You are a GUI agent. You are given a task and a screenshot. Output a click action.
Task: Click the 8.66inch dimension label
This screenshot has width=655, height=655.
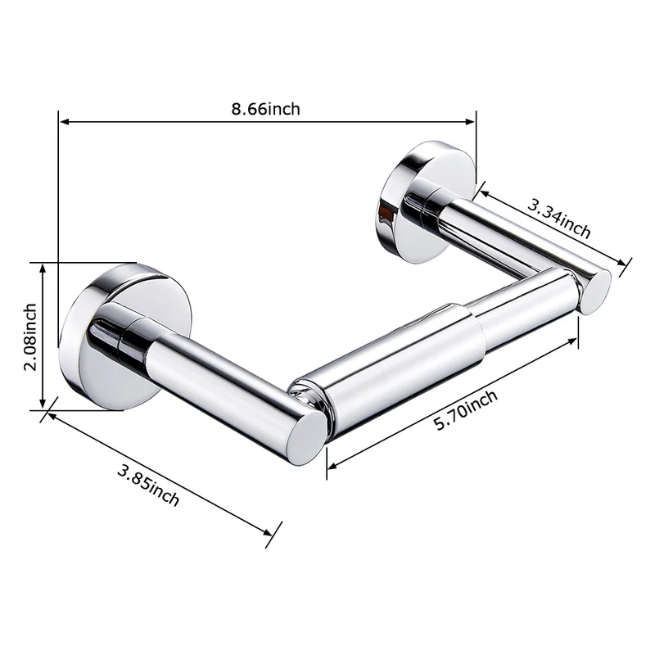point(265,109)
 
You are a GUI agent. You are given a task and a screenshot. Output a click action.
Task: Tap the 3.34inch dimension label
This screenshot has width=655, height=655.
point(559,218)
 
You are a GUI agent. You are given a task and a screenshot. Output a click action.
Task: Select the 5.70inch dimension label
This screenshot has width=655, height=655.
point(466,410)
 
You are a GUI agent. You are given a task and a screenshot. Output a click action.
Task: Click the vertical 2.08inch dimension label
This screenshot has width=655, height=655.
point(30,337)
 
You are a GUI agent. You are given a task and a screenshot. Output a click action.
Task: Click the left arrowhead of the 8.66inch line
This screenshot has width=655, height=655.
point(65,122)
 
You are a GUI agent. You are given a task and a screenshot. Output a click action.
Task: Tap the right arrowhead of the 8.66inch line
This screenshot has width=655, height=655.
point(470,122)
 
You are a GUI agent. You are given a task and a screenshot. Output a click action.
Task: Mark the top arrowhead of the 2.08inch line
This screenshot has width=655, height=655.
point(43,269)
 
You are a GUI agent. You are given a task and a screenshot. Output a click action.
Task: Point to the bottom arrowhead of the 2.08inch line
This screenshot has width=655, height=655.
point(43,403)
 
